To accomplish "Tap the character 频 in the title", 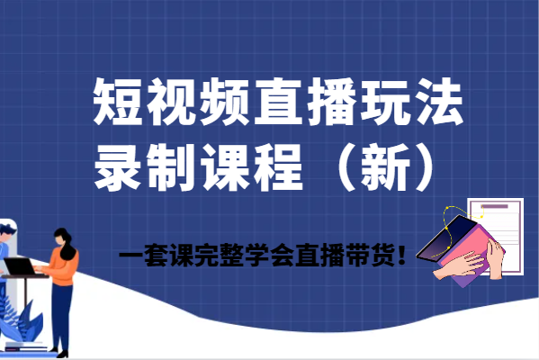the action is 224,102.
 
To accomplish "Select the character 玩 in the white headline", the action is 384,102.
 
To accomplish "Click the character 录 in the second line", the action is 118,167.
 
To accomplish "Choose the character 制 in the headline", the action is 171,167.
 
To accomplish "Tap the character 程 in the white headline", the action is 278,167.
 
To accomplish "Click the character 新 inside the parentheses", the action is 385,167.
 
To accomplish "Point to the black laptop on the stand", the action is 21,266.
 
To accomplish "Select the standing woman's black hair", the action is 66,242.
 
